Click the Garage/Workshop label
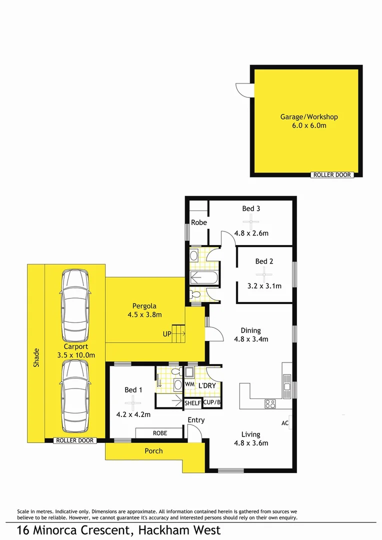coord(308,117)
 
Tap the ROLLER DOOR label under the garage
coord(332,175)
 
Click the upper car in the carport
coord(75,304)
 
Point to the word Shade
coord(35,358)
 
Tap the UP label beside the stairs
coord(166,333)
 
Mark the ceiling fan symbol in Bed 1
coord(132,401)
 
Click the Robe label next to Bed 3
coord(198,222)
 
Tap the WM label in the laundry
coord(189,384)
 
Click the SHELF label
coord(192,403)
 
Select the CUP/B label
coord(211,403)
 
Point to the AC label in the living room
coord(285,423)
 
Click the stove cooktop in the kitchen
coord(270,404)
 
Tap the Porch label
coord(153,450)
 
